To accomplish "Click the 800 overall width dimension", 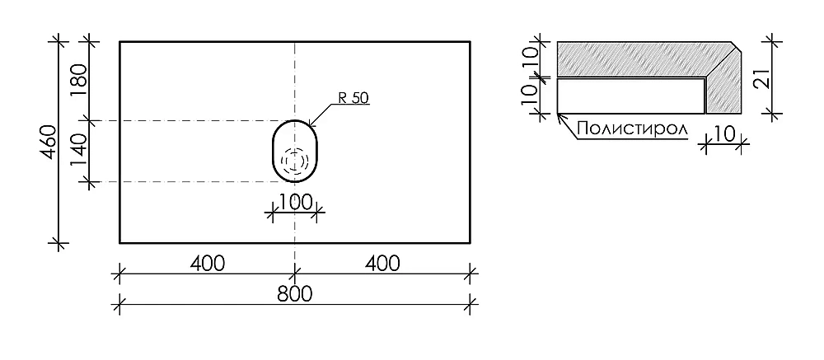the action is pos(295,294).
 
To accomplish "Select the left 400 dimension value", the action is pos(207,264).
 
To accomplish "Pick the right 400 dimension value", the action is pos(382,264).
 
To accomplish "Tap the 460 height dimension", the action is pos(49,143).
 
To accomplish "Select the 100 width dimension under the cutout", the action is pos(294,202).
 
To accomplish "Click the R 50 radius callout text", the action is pos(353,97).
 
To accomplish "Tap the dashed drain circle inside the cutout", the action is pos(294,160).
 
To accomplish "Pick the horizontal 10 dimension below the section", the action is pos(724,135).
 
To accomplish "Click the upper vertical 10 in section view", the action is pos(530,57).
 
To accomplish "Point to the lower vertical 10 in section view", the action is pos(530,95).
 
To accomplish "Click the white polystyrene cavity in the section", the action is pos(630,96).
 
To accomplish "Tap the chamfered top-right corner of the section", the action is pos(737,46).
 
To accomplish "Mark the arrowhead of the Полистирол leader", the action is pos(559,115).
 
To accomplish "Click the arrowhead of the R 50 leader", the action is pos(309,126).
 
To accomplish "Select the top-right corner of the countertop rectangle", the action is pos(470,41).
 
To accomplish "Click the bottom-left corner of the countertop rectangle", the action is pos(119,243).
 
